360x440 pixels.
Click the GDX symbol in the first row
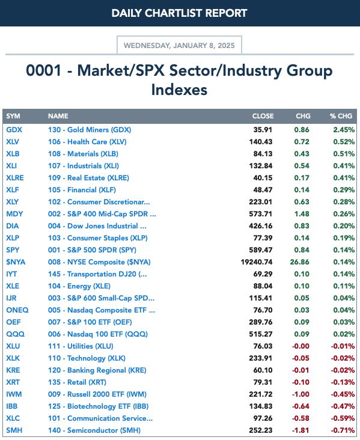[14, 130]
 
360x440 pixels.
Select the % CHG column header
[341, 116]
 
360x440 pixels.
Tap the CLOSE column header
[263, 116]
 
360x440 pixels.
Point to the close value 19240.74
[257, 262]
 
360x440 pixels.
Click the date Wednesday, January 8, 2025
[179, 46]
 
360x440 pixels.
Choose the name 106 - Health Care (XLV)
[87, 142]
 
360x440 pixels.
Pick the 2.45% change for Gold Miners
[344, 130]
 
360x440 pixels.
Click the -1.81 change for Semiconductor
[301, 430]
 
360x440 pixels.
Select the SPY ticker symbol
[13, 249]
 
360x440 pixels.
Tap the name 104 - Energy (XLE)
[79, 286]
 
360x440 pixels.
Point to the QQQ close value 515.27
[261, 334]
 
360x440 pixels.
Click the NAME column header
[58, 116]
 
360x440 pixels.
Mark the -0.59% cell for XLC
[343, 418]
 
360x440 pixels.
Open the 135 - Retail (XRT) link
[77, 382]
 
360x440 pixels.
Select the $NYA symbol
[16, 262]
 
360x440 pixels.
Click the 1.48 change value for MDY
[302, 214]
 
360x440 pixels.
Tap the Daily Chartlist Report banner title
[179, 13]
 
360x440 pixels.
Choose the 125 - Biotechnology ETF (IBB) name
[98, 406]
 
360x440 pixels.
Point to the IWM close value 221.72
[261, 394]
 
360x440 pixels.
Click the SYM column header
[13, 116]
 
